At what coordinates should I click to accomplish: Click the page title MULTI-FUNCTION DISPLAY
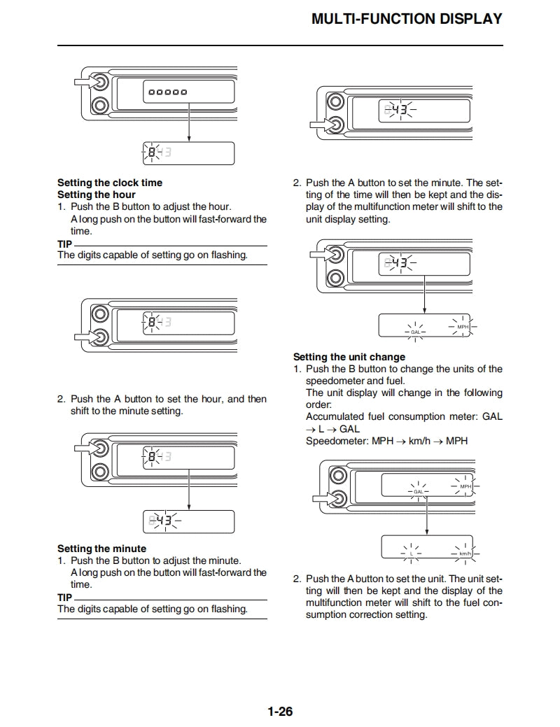[407, 19]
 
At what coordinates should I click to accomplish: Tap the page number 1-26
[280, 712]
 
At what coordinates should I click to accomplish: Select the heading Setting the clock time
[109, 183]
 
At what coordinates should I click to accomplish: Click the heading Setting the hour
[96, 195]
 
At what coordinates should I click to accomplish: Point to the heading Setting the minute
[101, 549]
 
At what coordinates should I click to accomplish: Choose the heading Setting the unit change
[349, 357]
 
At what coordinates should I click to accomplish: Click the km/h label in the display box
[465, 553]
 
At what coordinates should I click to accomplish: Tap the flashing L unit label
[412, 553]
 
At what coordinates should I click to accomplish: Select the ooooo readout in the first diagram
[166, 92]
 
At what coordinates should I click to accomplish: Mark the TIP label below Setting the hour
[64, 243]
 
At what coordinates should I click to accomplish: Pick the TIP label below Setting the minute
[64, 598]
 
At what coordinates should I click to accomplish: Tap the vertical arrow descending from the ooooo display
[189, 119]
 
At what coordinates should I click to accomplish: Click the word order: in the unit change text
[318, 404]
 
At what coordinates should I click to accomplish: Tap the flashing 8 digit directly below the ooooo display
[152, 152]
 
